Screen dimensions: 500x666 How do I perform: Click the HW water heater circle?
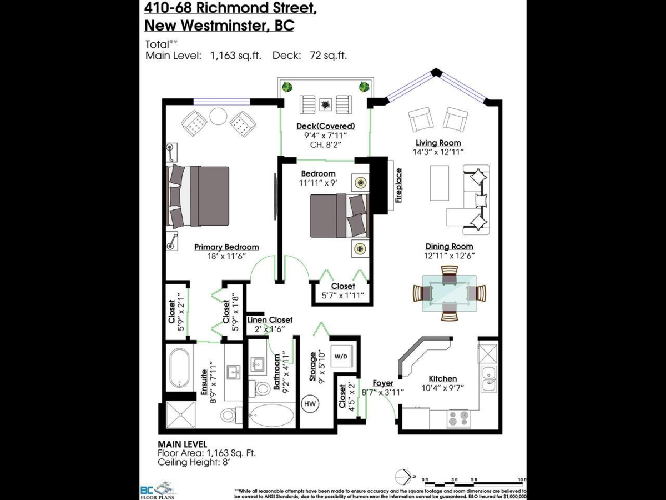coord(309,404)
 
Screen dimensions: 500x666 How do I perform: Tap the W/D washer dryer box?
coord(340,356)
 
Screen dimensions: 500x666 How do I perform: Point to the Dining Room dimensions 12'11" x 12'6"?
coord(450,256)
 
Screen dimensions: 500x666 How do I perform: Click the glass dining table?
coord(449,293)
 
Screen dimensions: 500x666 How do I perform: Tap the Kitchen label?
coord(442,378)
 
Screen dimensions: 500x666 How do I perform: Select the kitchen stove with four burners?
coord(458,418)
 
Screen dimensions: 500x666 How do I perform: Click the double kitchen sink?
coord(489,378)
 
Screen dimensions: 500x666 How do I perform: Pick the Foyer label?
coord(383,383)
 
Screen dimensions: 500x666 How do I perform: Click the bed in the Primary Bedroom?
coord(199,196)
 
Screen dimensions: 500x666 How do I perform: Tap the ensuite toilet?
coord(229,414)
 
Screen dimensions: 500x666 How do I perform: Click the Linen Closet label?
coord(270,320)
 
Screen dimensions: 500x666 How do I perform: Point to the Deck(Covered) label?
coord(325,126)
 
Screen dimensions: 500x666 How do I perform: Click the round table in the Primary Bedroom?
coord(218,116)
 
